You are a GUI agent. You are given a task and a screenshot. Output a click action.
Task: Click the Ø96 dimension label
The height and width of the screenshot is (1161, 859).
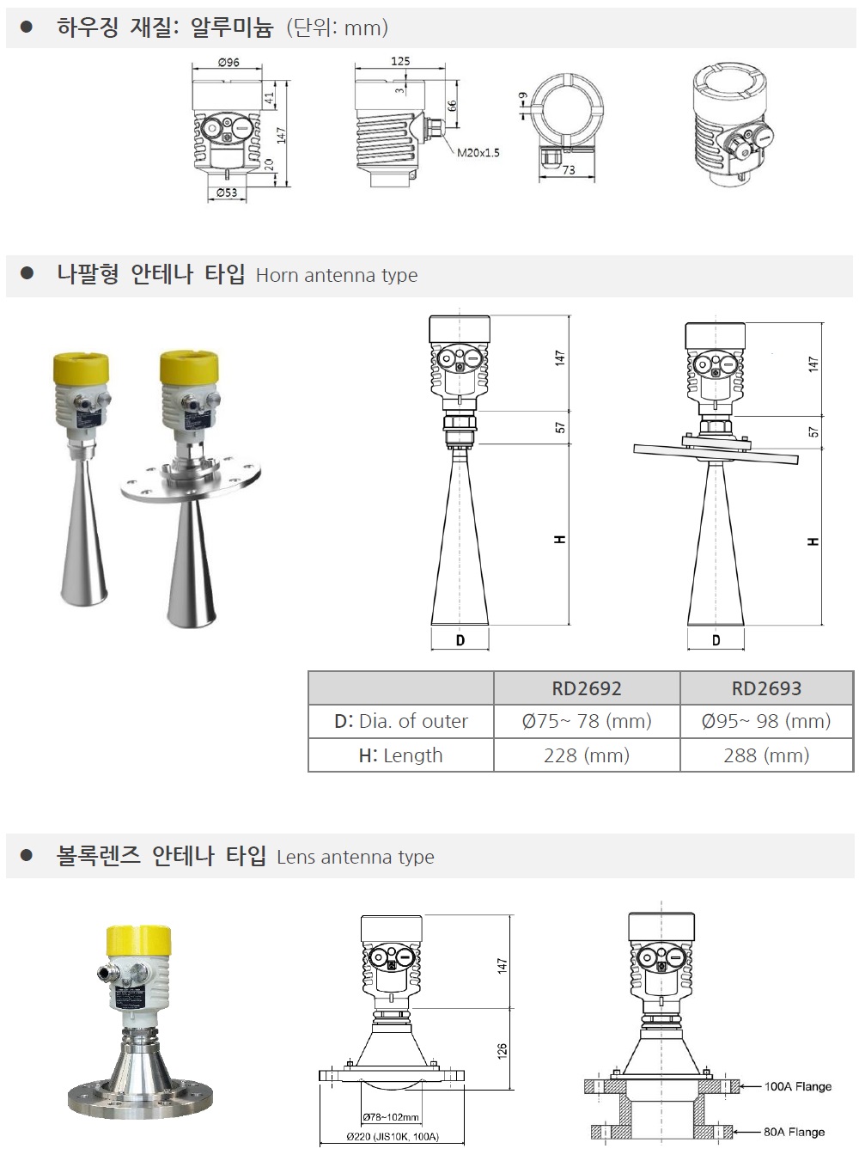pos(228,62)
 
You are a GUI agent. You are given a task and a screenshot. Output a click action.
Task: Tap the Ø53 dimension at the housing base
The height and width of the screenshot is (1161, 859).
pos(227,192)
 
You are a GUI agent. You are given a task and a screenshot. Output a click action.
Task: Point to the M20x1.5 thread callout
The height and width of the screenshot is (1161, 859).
pos(478,153)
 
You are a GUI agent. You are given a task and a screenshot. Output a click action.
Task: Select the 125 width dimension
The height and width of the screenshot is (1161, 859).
pos(400,61)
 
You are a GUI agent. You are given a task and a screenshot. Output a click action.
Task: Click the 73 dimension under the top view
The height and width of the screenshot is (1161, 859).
pos(569,170)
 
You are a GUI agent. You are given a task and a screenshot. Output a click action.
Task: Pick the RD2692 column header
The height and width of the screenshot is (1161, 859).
pos(587,688)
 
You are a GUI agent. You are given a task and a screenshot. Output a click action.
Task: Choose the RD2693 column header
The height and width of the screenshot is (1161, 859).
pos(766,688)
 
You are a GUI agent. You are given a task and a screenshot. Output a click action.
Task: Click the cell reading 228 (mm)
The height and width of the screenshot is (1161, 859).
pos(587,755)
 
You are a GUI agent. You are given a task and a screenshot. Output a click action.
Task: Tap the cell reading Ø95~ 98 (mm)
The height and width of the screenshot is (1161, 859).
pos(766,721)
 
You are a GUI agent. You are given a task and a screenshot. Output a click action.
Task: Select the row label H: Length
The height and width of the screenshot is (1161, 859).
pos(400,755)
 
